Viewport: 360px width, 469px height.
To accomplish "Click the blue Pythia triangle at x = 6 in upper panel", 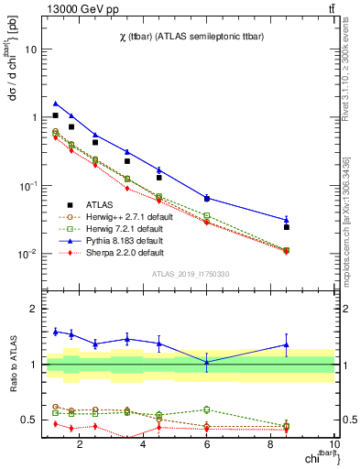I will pyautogui.click(x=207, y=198).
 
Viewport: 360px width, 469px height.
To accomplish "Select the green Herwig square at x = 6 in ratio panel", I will pyautogui.click(x=207, y=409).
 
